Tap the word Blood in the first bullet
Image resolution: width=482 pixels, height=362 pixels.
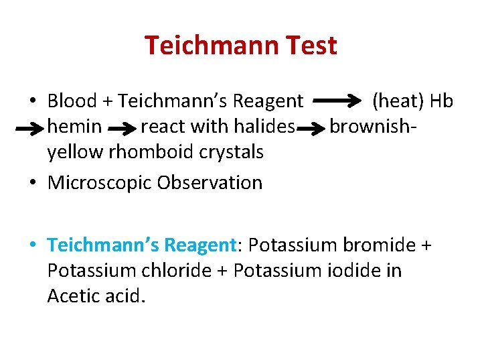[71, 101]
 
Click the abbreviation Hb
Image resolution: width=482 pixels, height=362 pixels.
[442, 101]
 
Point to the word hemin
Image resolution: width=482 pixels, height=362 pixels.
[75, 126]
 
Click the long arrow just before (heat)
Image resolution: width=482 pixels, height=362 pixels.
[338, 101]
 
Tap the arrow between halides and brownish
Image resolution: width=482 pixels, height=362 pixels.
[312, 127]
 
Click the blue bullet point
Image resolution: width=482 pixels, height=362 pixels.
[32, 246]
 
